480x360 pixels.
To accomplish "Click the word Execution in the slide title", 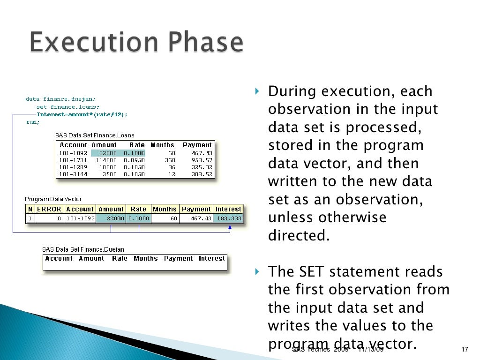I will [x=91, y=43].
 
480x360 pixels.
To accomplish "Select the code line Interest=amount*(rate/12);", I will [x=82, y=114].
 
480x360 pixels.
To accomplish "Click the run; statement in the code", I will [x=33, y=122].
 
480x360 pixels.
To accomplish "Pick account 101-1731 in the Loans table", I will [x=73, y=160].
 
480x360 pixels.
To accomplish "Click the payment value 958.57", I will [x=202, y=160].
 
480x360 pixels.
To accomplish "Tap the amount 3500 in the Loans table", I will [x=109, y=174].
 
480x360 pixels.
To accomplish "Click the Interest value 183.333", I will [x=229, y=218].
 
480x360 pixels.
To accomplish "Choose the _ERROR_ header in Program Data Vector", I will [x=49, y=209].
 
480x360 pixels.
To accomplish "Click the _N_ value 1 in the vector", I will [x=30, y=218].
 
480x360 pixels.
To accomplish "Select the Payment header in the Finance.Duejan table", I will [x=178, y=258].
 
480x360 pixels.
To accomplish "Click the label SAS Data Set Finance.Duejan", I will [x=83, y=250].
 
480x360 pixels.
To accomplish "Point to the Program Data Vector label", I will [x=53, y=199].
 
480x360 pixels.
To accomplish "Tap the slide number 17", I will [x=465, y=349].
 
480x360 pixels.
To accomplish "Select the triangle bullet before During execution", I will [x=256, y=90].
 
